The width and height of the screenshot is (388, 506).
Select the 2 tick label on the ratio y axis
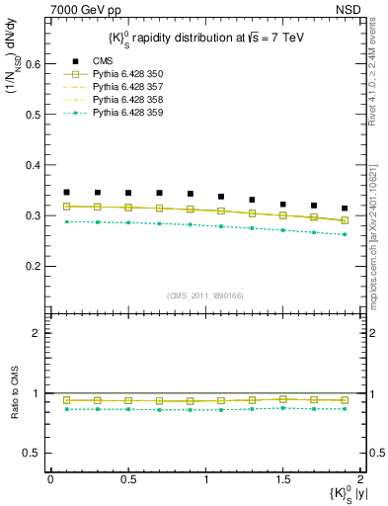coord(39,333)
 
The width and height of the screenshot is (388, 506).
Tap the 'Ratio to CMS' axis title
coord(14,407)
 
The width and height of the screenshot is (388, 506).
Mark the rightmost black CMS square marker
coord(345,209)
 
